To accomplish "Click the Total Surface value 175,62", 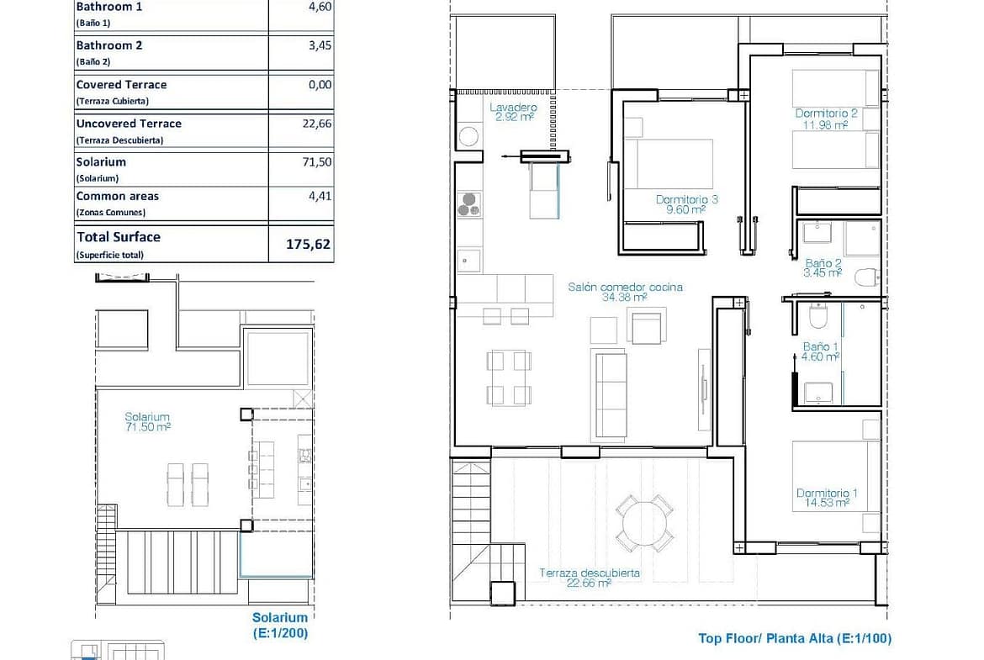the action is pos(308,244).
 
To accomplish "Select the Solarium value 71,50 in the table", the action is pos(317,162).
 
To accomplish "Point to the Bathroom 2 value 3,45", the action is pos(320,45).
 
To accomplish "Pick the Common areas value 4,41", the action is pos(320,196).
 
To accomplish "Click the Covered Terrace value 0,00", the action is pos(320,85).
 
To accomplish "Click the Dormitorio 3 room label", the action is pos(686,204).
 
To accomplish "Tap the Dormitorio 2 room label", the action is pos(826,119).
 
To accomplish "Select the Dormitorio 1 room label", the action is pos(827,498).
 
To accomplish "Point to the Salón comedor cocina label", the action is pos(625,292).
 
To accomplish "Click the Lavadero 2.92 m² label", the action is pos(514,112).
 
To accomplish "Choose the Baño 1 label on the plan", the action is pos(821,351).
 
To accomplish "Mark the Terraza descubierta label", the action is pos(590,578).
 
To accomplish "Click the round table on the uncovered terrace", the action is pos(645,523).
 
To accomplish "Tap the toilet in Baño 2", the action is pos(867,276).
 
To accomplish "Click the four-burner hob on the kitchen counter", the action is pos(468,204).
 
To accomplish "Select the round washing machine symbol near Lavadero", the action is pos(468,136).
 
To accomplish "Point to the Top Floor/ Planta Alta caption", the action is pos(795,639).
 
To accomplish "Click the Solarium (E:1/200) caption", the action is pos(280,626).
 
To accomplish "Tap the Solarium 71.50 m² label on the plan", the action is pos(147,421).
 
